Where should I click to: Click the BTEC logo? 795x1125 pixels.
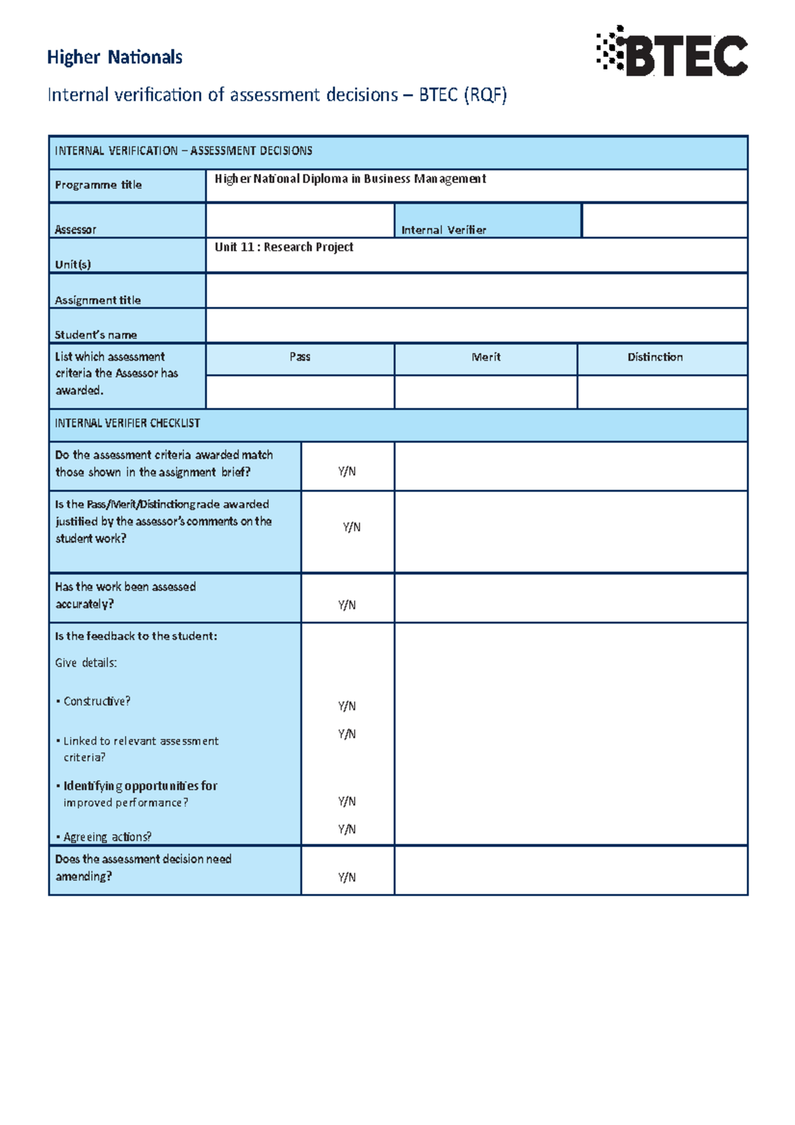[x=672, y=52]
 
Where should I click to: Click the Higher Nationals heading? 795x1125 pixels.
[x=115, y=58]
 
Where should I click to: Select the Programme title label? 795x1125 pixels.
[x=98, y=185]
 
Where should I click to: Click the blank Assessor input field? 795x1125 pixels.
[x=299, y=221]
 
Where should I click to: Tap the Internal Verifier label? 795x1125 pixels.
[x=443, y=230]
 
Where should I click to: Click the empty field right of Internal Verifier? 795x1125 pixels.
[x=664, y=221]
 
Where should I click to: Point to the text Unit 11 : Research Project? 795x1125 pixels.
[x=284, y=247]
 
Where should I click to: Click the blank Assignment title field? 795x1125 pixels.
[x=476, y=291]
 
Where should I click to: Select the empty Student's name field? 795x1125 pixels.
[x=476, y=325]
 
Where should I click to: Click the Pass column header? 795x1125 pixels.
[x=299, y=357]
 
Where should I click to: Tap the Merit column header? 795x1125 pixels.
[x=486, y=357]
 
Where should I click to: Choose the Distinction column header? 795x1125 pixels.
[x=655, y=357]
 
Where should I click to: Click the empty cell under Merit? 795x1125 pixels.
[x=486, y=392]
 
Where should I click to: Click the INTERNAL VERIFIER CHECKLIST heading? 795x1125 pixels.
[x=127, y=423]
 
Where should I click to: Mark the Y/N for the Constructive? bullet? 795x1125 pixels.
[x=346, y=706]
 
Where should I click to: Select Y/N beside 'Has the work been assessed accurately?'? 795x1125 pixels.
[x=346, y=605]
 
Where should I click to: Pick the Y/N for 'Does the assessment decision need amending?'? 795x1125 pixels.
[x=346, y=877]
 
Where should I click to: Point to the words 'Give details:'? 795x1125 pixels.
[x=86, y=663]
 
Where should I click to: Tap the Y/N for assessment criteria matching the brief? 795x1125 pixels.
[x=346, y=472]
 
